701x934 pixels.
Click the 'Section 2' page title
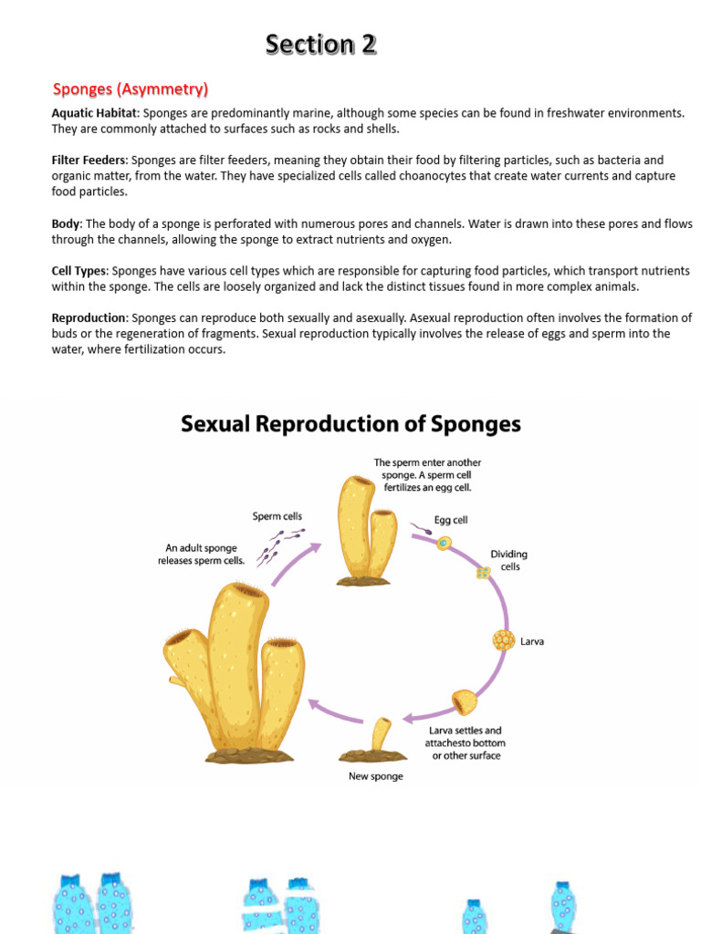pos(320,44)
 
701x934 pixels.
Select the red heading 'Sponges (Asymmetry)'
pos(131,88)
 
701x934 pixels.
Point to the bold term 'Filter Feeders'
pos(89,160)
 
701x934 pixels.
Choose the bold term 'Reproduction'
pos(89,318)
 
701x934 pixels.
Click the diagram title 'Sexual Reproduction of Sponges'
pos(350,424)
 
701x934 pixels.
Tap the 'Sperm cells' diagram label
pos(277,516)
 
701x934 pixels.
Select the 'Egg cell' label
pos(451,520)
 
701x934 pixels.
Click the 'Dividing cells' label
pos(508,560)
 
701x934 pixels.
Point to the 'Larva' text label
pos(532,641)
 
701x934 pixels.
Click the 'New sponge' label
pos(375,776)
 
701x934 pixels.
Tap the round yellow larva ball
pos(504,640)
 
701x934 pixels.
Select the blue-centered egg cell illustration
pos(444,543)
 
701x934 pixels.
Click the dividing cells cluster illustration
pos(483,573)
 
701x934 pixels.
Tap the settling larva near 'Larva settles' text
pos(465,703)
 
